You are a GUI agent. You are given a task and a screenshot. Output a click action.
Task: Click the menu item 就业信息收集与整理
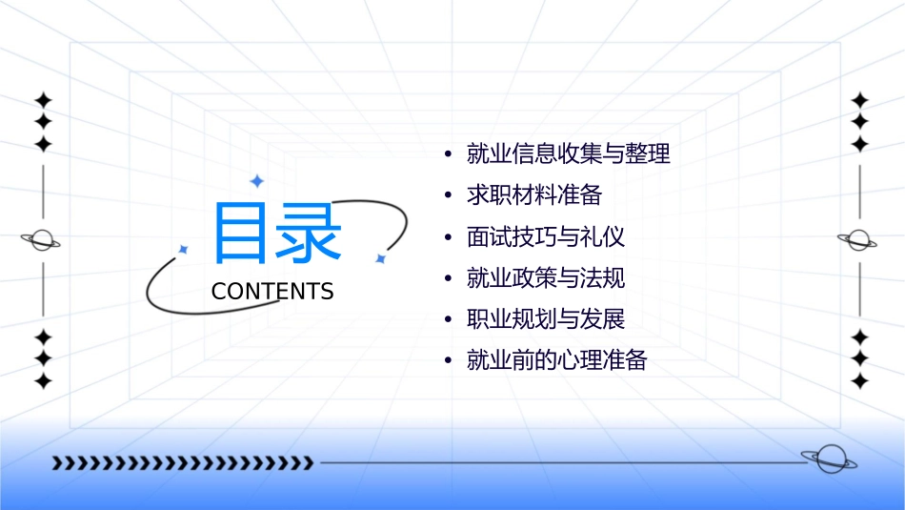tap(569, 153)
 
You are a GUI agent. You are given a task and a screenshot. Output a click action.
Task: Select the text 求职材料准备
tap(534, 195)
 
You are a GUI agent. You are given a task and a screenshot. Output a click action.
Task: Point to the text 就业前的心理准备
tap(557, 361)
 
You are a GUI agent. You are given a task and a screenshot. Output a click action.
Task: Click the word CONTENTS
tap(272, 292)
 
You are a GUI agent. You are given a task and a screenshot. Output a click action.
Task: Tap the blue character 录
tap(309, 233)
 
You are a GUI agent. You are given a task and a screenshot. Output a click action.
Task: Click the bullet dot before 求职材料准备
tap(447, 195)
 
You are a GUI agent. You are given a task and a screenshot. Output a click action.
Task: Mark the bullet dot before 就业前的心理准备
tap(447, 361)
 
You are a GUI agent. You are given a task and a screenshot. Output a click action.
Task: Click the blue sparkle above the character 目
tap(255, 180)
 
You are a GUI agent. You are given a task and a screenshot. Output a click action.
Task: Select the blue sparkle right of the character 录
tap(380, 257)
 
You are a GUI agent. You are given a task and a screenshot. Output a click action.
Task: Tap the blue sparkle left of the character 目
tap(183, 249)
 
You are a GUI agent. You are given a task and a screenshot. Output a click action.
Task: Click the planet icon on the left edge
tap(42, 240)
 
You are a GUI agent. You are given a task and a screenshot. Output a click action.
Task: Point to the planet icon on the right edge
tap(859, 239)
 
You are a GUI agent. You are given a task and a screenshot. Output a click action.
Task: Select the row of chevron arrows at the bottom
tap(182, 463)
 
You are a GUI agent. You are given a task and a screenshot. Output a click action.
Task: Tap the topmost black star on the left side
tap(43, 99)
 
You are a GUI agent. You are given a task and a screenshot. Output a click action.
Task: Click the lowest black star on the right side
tap(860, 381)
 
